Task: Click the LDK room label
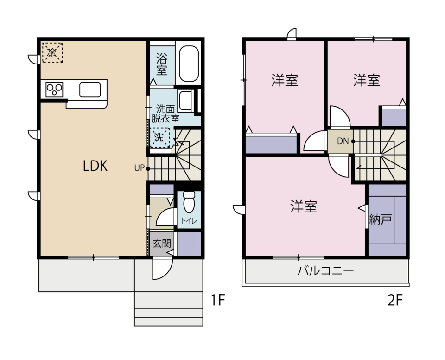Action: pyautogui.click(x=95, y=166)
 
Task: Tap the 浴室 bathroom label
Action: pyautogui.click(x=161, y=64)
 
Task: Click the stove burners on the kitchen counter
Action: pyautogui.click(x=54, y=89)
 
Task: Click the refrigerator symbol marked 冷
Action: pyautogui.click(x=52, y=52)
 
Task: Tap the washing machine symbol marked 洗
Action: pyautogui.click(x=159, y=137)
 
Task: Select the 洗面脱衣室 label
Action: pyautogui.click(x=165, y=114)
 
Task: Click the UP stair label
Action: pyautogui.click(x=140, y=168)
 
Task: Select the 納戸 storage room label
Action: pyautogui.click(x=380, y=219)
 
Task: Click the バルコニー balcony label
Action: pyautogui.click(x=325, y=271)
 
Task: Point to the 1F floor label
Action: pyautogui.click(x=218, y=301)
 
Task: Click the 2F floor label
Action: pyautogui.click(x=395, y=301)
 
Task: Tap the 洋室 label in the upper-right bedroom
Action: pyautogui.click(x=367, y=81)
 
